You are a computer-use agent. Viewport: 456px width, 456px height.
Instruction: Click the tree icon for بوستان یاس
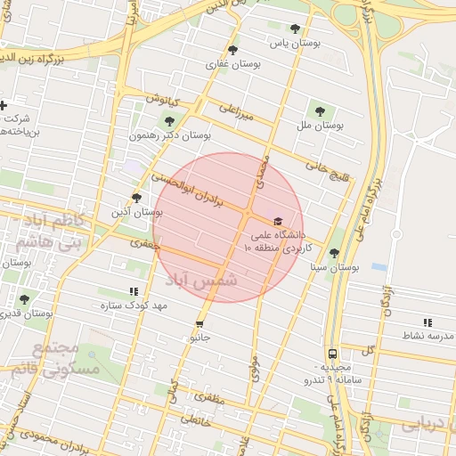(296, 28)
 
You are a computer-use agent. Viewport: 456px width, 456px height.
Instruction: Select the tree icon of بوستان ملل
(320, 111)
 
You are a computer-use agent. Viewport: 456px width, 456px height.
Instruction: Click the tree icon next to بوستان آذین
(136, 198)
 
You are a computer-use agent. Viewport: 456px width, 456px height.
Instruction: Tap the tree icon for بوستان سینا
(334, 253)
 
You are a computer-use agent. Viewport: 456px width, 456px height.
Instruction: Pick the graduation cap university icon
(277, 221)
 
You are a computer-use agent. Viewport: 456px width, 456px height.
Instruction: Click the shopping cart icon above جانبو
(199, 324)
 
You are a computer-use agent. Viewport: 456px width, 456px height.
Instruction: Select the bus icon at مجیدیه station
(331, 354)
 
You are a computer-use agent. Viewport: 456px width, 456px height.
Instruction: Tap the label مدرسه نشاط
(427, 336)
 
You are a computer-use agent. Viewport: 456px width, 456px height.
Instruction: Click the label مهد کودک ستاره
(134, 305)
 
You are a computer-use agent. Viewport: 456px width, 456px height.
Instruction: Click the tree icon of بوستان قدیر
(23, 299)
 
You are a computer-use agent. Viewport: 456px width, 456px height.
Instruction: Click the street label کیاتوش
(164, 98)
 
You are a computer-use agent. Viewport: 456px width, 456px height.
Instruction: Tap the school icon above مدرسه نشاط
(427, 322)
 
